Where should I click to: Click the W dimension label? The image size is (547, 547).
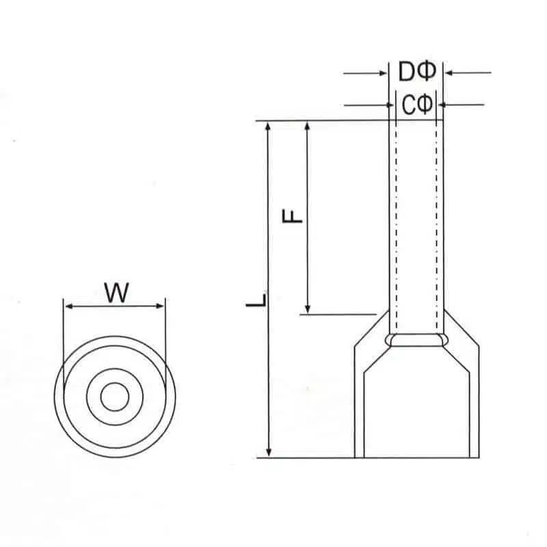(x=117, y=293)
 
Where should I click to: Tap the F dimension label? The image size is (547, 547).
(x=292, y=216)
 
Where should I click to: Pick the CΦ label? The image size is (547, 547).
(x=416, y=105)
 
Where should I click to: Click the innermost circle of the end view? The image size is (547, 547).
(x=114, y=397)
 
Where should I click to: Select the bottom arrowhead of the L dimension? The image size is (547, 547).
(x=269, y=452)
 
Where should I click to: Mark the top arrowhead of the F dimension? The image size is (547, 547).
(x=308, y=128)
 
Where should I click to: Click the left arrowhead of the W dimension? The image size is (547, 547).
(x=68, y=306)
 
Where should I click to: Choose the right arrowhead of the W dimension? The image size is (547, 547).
(x=161, y=306)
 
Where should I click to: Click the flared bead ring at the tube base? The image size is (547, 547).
(x=416, y=340)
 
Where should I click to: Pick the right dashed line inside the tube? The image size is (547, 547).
(x=436, y=226)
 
